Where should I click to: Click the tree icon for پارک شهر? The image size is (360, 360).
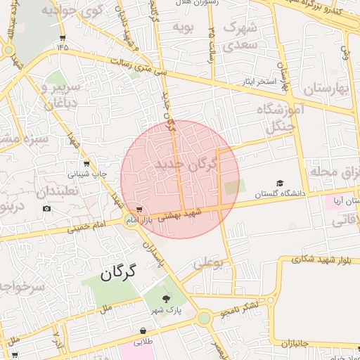166,298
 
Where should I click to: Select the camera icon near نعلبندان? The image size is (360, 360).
46,208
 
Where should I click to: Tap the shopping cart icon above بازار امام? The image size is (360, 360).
140,210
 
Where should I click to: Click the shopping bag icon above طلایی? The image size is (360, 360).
143,330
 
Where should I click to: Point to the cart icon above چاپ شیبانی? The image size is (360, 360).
86,163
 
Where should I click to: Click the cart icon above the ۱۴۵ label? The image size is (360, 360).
63,38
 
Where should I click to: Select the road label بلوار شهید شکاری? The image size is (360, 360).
315,259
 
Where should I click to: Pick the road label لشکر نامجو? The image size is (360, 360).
240,306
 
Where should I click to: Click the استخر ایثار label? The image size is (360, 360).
258,82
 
